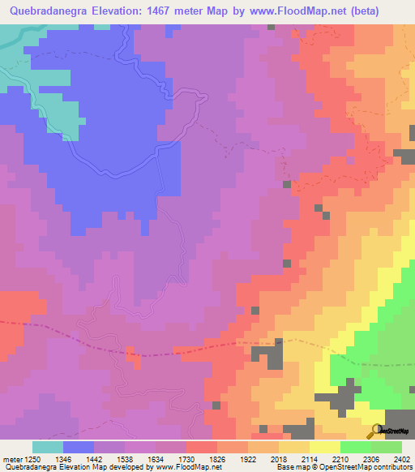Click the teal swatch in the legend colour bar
click(x=48, y=447)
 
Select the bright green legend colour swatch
click(x=356, y=447)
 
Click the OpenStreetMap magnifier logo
click(x=376, y=431)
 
